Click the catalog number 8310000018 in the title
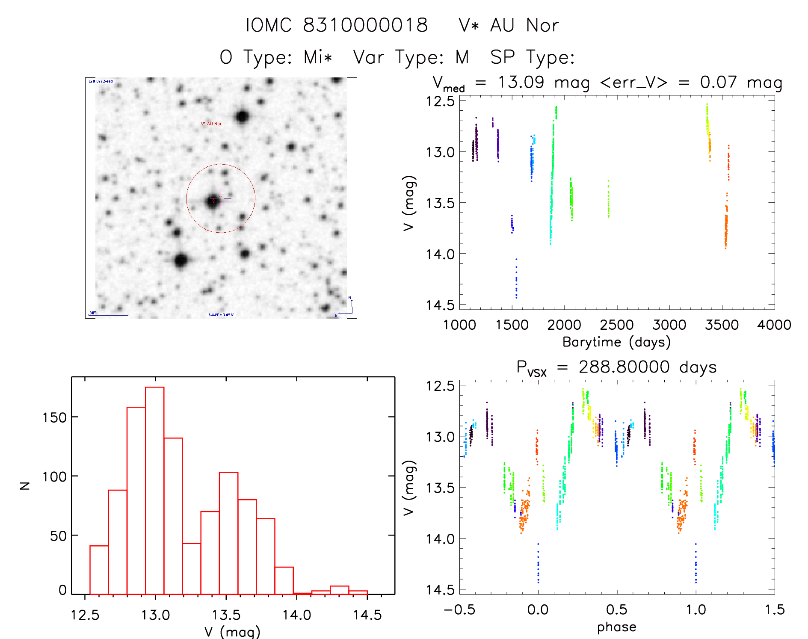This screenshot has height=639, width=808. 365,25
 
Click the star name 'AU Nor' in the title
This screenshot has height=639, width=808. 524,25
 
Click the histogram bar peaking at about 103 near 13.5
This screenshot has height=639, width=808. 228,533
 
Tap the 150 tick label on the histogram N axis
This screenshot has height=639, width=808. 54,417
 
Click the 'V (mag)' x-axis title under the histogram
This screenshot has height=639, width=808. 232,632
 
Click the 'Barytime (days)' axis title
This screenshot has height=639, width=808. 616,342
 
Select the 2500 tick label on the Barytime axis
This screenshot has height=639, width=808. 617,325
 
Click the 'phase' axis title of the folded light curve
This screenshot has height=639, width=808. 616,627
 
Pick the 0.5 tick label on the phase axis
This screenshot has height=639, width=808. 617,610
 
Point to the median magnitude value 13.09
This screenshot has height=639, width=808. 521,82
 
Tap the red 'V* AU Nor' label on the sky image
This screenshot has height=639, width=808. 211,124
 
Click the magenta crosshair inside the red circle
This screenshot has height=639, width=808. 221,198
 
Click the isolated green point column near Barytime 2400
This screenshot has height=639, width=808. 608,199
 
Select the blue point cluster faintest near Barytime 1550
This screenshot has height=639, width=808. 516,279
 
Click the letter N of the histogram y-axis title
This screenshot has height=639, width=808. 25,485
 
